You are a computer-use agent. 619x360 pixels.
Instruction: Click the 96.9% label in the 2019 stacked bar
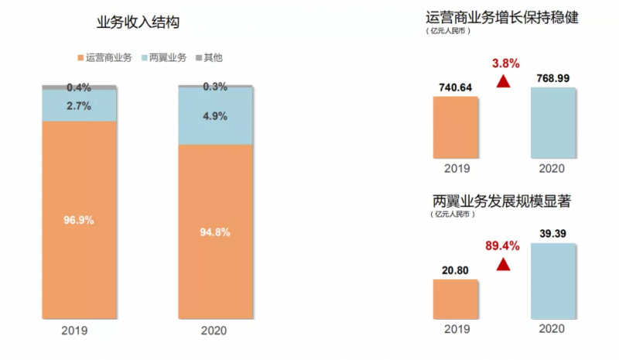click(x=79, y=220)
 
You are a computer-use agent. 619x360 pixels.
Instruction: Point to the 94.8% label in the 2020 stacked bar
click(x=215, y=231)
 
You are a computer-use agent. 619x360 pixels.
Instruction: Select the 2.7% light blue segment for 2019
click(x=79, y=105)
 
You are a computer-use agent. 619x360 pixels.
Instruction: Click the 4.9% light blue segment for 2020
click(x=215, y=116)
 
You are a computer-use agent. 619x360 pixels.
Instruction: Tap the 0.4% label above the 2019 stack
click(x=79, y=87)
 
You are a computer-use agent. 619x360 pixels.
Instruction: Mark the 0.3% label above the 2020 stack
click(x=215, y=86)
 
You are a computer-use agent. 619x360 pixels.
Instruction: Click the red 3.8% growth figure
click(x=504, y=62)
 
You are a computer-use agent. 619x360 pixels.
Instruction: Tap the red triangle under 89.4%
click(x=504, y=265)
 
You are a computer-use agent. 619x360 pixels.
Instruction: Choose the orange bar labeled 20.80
click(x=456, y=298)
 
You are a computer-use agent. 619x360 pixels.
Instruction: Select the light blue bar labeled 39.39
click(x=553, y=280)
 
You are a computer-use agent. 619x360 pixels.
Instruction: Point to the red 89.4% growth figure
click(x=504, y=246)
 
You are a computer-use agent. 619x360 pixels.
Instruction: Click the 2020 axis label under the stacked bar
click(x=214, y=331)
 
